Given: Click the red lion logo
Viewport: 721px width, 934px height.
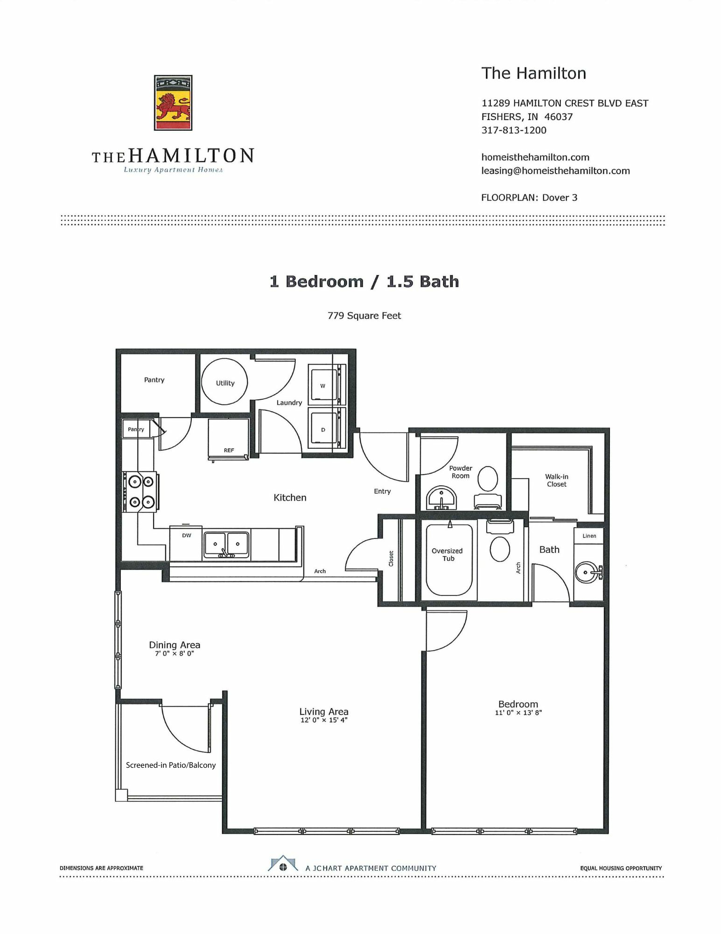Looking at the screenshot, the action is pos(173,103).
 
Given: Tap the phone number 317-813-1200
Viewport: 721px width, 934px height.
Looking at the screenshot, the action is pos(514,130).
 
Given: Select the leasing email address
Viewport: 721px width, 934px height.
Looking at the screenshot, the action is pos(555,171).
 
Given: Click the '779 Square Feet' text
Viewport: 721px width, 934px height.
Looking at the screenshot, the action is pos(364,316).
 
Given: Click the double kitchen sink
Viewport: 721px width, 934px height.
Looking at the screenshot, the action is pos(226,545).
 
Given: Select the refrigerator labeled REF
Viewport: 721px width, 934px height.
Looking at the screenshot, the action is pos(228,439).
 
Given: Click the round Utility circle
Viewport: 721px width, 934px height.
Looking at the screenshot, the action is pos(224,382).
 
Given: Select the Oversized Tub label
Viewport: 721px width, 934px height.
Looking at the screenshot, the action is pos(447,555).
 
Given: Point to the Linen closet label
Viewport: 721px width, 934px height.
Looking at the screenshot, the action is pos(589,536).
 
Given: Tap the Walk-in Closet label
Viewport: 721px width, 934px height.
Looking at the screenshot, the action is pos(557,481).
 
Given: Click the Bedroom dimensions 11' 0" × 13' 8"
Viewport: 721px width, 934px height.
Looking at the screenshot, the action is pos(518,713).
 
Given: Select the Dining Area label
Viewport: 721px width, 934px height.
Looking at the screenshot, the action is pos(175,645).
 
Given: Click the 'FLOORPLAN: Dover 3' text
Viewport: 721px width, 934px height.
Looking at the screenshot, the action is pos(529,198).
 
